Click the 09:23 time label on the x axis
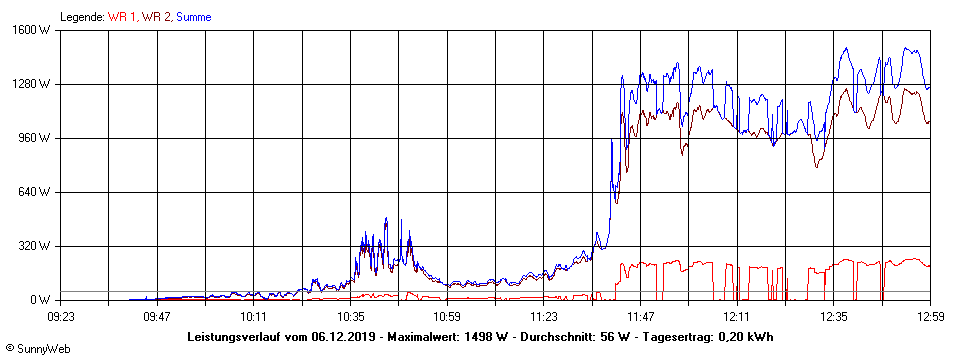tap(61, 316)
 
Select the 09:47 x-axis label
tap(157, 316)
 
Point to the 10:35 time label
tap(351, 316)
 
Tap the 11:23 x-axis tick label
tap(544, 316)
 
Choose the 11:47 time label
tap(641, 316)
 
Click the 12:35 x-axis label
tap(834, 316)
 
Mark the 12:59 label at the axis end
tap(930, 316)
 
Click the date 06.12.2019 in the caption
tap(343, 336)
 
